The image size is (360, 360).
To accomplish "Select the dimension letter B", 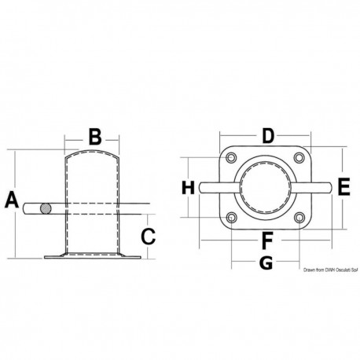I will (94, 138).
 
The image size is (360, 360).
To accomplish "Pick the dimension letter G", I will (266, 263).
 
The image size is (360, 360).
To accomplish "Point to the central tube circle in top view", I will (266, 189).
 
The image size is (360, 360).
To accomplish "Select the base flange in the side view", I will (91, 256).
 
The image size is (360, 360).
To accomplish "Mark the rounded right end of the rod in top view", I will (325, 189).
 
